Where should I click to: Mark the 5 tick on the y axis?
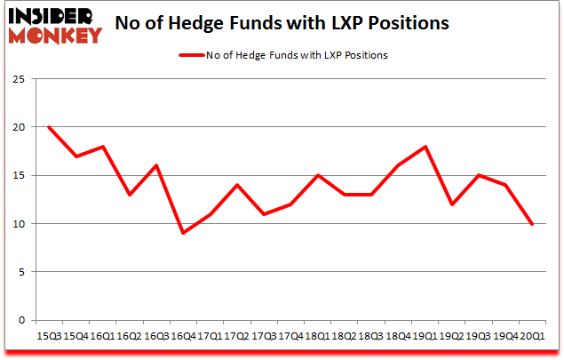click(x=20, y=272)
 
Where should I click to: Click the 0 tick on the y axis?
click(x=20, y=320)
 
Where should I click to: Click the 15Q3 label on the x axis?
click(x=49, y=336)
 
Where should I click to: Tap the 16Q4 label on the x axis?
click(x=182, y=336)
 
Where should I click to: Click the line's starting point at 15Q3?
click(x=49, y=127)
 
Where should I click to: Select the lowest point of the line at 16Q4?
click(x=182, y=233)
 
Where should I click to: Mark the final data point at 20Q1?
click(x=531, y=224)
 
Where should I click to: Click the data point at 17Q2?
click(x=235, y=185)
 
